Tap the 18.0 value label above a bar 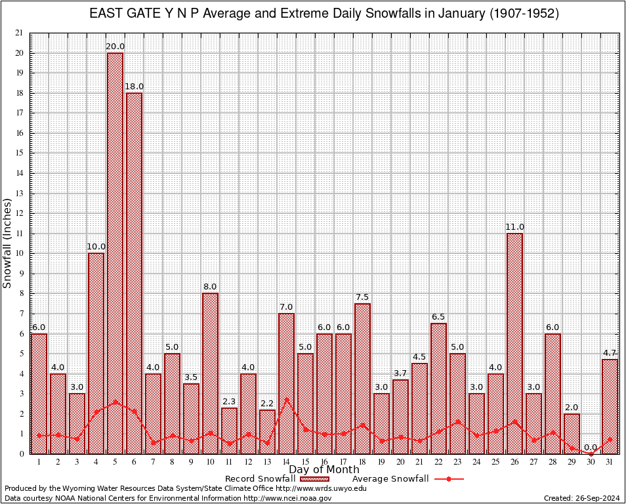[134, 87]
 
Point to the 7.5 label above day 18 [362, 297]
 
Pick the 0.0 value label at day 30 [591, 448]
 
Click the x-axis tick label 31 [610, 462]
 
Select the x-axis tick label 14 [286, 462]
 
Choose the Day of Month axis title [323, 470]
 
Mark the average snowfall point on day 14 [286, 399]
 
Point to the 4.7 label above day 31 [610, 353]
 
